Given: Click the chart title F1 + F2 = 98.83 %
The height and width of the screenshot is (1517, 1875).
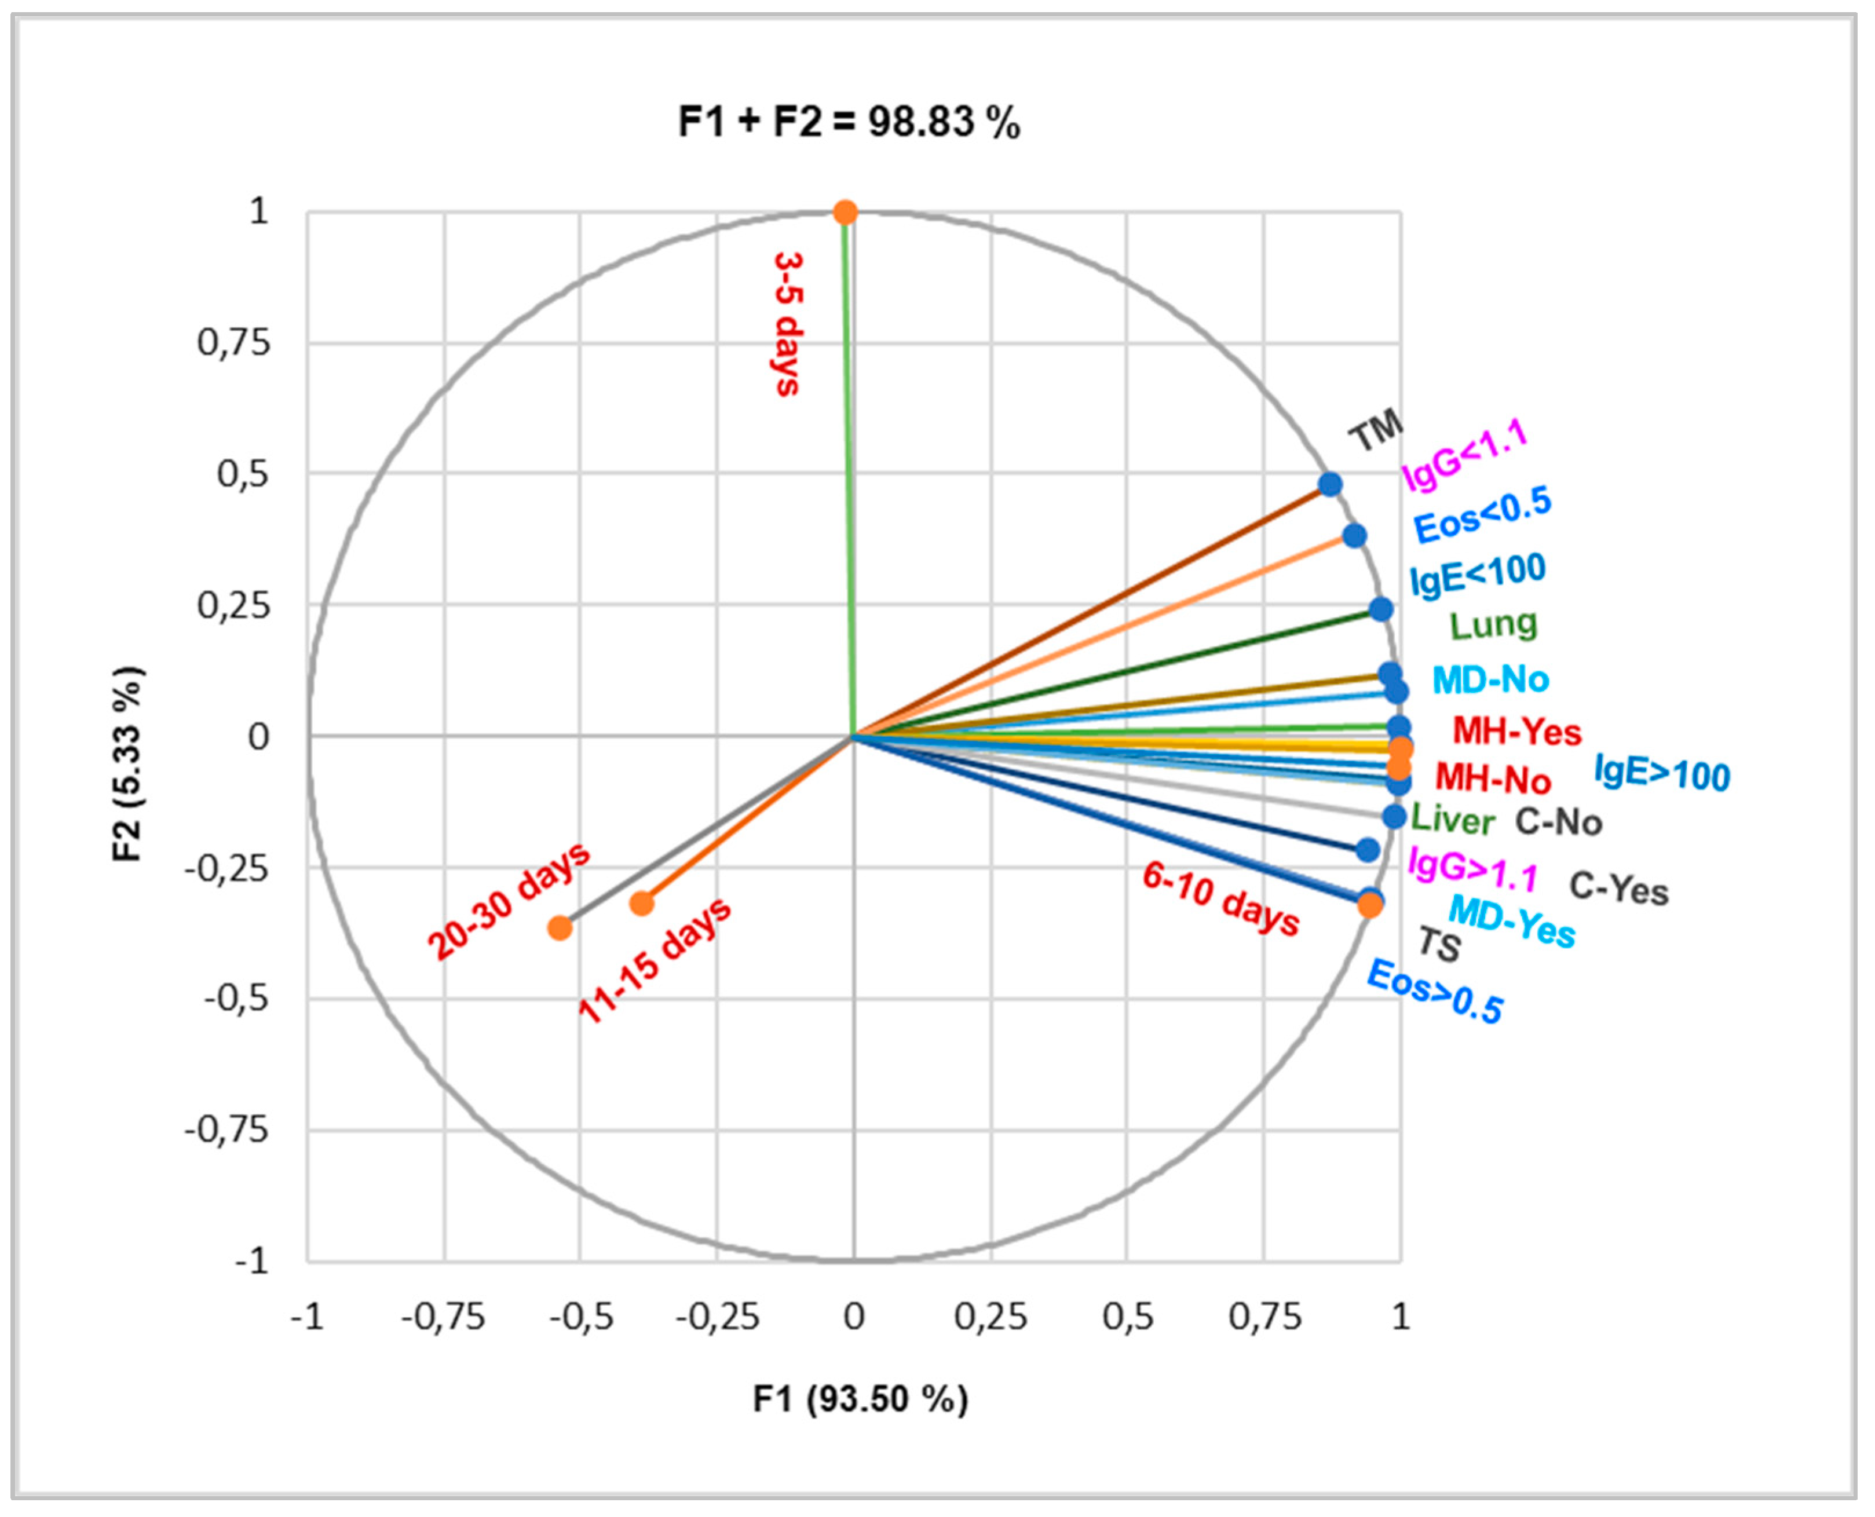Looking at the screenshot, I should [849, 122].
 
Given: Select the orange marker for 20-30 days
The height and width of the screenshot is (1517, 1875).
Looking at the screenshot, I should [560, 927].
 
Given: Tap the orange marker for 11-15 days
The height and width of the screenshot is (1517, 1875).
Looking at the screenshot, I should [642, 902].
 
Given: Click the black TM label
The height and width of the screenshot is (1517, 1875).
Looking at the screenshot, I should [1375, 431].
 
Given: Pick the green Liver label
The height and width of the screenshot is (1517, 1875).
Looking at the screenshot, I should [1452, 819].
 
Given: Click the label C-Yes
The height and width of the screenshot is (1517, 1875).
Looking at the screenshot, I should [1619, 889].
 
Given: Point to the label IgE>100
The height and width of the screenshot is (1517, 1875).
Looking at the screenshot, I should [1662, 773].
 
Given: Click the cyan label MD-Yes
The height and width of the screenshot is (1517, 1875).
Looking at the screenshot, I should [1512, 921].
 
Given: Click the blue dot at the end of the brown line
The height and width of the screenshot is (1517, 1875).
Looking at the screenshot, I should [1330, 484].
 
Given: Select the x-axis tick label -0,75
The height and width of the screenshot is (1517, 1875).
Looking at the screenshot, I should [443, 1316].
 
